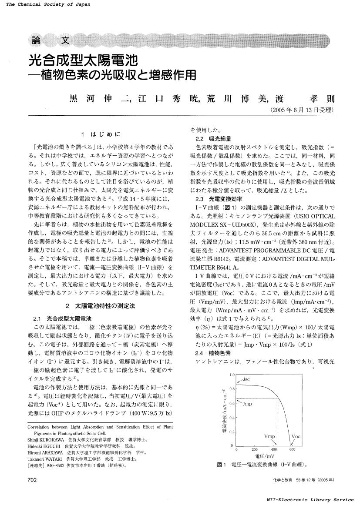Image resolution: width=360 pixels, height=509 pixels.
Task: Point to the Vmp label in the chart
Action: point(270,435)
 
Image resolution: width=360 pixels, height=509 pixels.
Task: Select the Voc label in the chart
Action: point(296,436)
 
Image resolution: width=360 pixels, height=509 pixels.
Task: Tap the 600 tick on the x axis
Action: point(292,449)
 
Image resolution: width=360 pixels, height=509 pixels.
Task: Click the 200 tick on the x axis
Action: point(255,449)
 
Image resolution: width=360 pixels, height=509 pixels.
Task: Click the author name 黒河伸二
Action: point(98,98)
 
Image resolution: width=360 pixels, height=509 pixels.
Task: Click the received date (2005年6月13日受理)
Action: point(303,110)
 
